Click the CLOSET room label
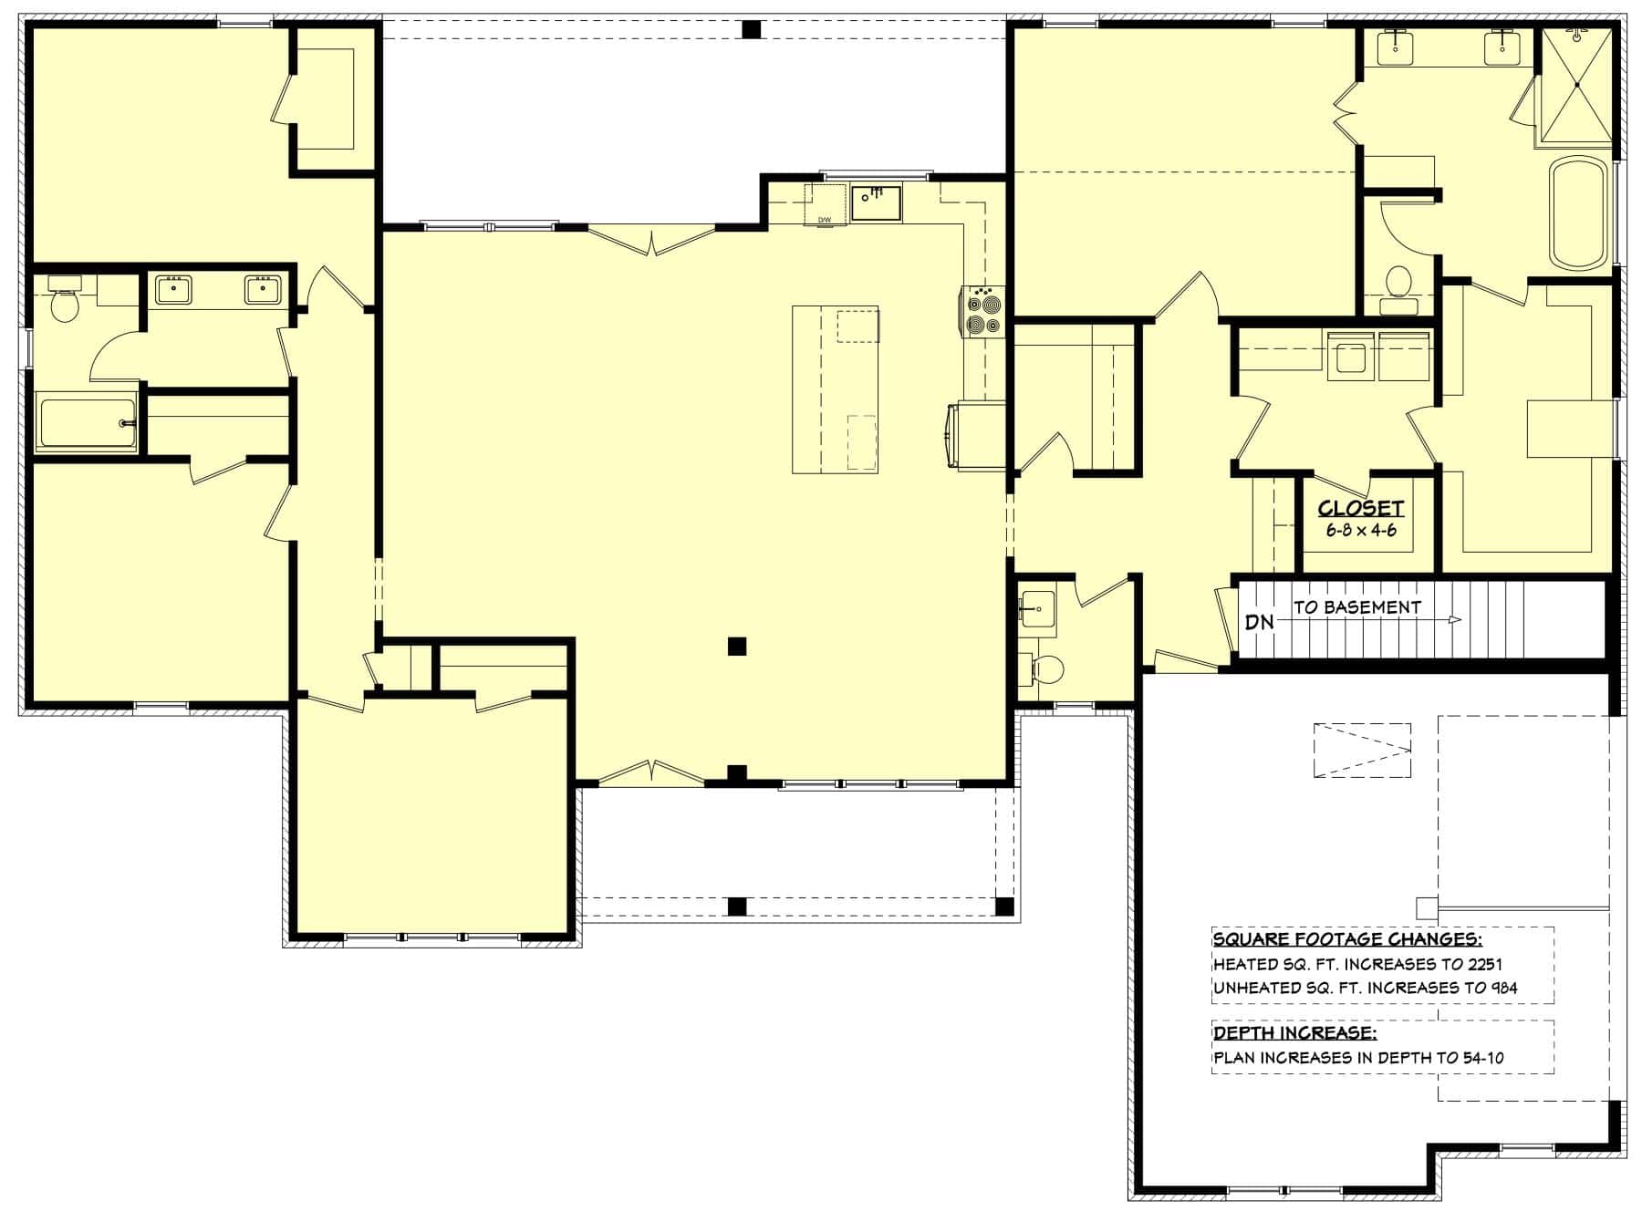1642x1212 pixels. click(x=1360, y=509)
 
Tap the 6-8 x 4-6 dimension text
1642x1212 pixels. click(x=1360, y=530)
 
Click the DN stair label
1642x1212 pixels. click(x=1259, y=622)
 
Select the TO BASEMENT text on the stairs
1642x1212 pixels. click(x=1356, y=606)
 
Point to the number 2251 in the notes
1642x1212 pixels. click(x=1484, y=964)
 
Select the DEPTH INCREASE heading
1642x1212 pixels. click(x=1294, y=1033)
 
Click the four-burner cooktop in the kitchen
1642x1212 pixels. click(x=982, y=312)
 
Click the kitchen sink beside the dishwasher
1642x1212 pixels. click(x=876, y=202)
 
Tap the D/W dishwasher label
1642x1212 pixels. click(x=825, y=220)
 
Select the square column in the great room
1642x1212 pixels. click(x=737, y=647)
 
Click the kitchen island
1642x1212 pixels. click(x=835, y=389)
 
